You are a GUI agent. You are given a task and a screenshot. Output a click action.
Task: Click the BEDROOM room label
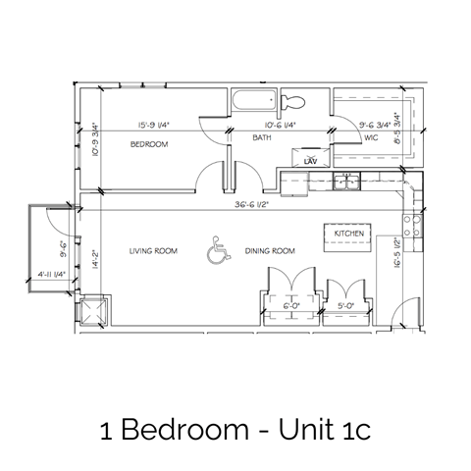point(150,144)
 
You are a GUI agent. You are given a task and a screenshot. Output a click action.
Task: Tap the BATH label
point(262,138)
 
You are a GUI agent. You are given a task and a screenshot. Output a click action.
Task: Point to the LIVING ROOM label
point(153,251)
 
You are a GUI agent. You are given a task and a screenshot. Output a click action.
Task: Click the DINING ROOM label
point(272,251)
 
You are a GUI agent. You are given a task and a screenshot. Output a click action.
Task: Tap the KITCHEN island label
point(348,234)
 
